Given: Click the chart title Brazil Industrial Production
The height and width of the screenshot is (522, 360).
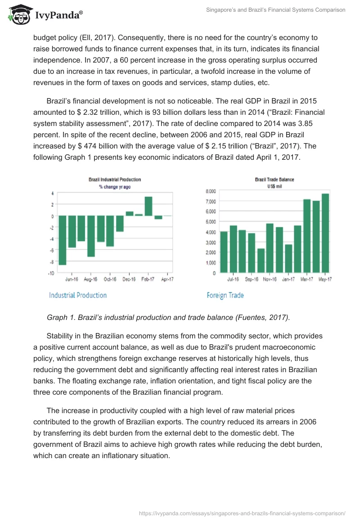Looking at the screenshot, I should pos(115,180).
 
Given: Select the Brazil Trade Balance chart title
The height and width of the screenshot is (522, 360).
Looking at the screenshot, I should pos(274,180).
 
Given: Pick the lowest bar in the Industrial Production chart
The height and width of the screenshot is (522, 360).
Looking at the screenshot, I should pos(63,240).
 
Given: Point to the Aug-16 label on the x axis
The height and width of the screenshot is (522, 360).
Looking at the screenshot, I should pos(91,279).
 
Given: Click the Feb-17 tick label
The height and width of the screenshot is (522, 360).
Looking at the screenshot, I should pos(148,279).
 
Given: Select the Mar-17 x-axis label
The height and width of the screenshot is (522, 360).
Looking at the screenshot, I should pos(307,279).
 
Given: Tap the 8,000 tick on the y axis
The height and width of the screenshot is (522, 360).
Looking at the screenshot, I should pos(211,191).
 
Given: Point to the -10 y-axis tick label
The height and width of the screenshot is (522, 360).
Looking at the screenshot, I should pos(51,273).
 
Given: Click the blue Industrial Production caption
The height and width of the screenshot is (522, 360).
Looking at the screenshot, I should pos(78,295).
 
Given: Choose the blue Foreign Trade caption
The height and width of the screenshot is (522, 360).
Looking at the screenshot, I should pos(225,295).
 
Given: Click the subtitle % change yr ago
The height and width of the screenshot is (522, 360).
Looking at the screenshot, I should pos(115,187).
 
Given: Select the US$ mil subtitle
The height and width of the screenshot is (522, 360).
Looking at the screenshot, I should pos(274,186).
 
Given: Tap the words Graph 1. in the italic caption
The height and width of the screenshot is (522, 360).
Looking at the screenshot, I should pos(61,317).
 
